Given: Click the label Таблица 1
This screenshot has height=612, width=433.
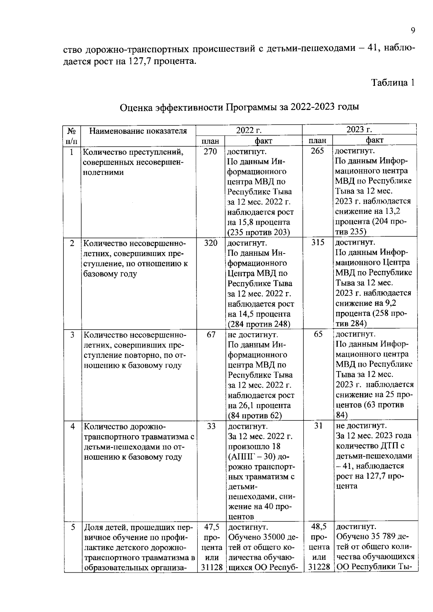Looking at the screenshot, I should [x=393, y=83].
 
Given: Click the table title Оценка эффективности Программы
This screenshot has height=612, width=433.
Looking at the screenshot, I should [x=239, y=107].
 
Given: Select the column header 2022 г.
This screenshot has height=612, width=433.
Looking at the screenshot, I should [x=249, y=130].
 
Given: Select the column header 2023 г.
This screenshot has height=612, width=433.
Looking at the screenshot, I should [x=359, y=130].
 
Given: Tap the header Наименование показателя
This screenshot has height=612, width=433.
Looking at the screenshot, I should [x=138, y=131].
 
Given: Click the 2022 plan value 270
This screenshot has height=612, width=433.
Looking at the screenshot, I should [x=210, y=151].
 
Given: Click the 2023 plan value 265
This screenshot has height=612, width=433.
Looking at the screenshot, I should [x=317, y=151].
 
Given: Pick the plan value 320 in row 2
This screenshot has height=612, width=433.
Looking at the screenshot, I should [x=211, y=243].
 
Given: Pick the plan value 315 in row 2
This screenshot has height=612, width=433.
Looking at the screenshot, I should [x=318, y=243].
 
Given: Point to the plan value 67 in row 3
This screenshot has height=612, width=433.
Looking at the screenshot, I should [x=211, y=335].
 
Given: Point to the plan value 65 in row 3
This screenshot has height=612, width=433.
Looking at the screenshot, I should [x=318, y=334].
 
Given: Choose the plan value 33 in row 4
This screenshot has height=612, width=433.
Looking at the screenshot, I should [x=211, y=426].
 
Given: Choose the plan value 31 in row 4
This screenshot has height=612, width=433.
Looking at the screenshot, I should [x=318, y=426].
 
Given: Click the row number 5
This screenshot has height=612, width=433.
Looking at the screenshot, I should [x=73, y=527].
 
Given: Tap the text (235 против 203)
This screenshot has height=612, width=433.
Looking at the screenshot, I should [x=259, y=232].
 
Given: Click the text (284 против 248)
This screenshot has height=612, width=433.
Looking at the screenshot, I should [x=259, y=324].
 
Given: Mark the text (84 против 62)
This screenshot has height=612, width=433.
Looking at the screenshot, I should [x=255, y=415].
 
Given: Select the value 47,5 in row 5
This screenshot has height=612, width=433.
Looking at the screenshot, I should [x=211, y=527].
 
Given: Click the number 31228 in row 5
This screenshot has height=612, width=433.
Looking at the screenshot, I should [x=319, y=567].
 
